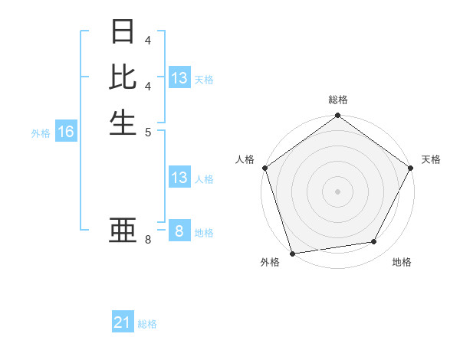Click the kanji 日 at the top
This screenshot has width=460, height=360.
click(123, 33)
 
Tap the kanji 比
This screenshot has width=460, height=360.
click(123, 77)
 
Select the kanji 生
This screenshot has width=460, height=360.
click(123, 122)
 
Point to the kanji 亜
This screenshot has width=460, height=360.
click(123, 231)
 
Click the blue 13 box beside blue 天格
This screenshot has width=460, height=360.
click(179, 78)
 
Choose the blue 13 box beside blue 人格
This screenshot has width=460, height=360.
click(179, 178)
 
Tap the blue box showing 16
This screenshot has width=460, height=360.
click(66, 132)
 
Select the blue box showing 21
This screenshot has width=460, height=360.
click(123, 322)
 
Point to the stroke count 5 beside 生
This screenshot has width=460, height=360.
click(148, 131)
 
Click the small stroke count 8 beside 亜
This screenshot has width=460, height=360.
click(148, 241)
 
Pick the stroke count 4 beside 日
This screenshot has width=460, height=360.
click(148, 40)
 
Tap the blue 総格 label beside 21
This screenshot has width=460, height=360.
click(147, 324)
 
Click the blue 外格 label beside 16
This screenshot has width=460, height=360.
click(41, 133)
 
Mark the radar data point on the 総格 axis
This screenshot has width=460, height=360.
click(337, 116)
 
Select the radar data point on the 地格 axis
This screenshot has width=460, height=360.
click(374, 242)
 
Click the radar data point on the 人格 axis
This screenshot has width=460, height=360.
click(264, 168)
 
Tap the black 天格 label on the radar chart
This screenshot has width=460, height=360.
click(431, 159)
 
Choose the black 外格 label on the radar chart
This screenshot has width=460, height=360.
click(270, 262)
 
